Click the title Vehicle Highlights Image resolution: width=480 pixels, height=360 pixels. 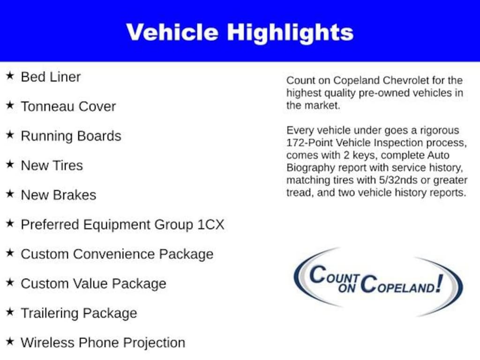pyautogui.click(x=240, y=32)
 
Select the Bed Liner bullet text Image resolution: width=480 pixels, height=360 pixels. pyautogui.click(x=51, y=77)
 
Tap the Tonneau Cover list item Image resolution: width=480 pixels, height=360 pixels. pyautogui.click(x=68, y=106)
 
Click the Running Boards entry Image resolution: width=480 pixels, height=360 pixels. pyautogui.click(x=71, y=136)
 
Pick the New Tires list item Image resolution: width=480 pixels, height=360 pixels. pyautogui.click(x=52, y=165)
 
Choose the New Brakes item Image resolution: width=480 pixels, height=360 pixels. pyautogui.click(x=58, y=195)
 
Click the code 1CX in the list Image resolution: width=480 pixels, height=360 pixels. pyautogui.click(x=210, y=225)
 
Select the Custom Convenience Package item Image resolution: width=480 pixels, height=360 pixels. pyautogui.click(x=117, y=254)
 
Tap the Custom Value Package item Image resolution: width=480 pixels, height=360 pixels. pyautogui.click(x=93, y=284)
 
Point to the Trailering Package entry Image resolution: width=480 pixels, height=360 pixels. pyautogui.click(x=79, y=313)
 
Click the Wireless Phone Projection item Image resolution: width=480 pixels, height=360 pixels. pyautogui.click(x=103, y=343)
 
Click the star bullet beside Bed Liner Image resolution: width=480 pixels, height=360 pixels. pyautogui.click(x=10, y=76)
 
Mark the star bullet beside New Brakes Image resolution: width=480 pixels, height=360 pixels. pyautogui.click(x=10, y=194)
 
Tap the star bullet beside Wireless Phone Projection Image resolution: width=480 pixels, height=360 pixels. pyautogui.click(x=10, y=342)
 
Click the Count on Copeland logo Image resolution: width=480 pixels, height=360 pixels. pyautogui.click(x=378, y=281)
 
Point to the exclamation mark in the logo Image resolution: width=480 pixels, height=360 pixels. pyautogui.click(x=438, y=283)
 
